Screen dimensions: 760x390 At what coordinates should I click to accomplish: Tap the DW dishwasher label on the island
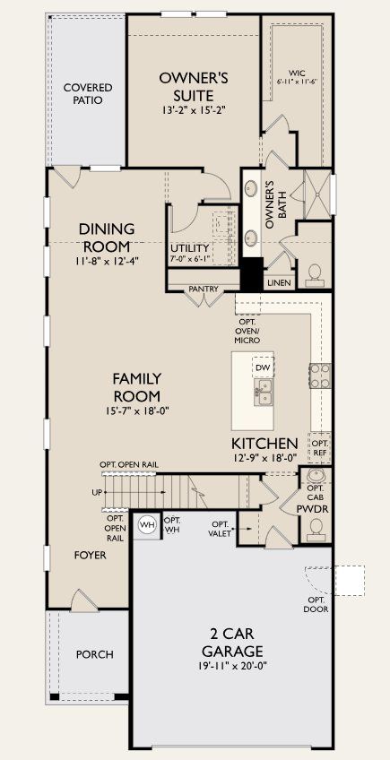pyautogui.click(x=263, y=367)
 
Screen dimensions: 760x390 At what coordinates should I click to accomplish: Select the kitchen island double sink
pyautogui.click(x=264, y=388)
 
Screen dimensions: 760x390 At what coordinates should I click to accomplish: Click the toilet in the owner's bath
pyautogui.click(x=315, y=272)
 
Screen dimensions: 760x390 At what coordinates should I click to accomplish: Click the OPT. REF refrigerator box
pyautogui.click(x=320, y=445)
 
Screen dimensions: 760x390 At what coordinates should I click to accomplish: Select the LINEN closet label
pyautogui.click(x=279, y=283)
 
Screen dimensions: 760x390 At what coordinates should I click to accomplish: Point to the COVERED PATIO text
pyautogui.click(x=88, y=94)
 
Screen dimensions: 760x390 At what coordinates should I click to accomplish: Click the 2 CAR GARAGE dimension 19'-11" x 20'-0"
pyautogui.click(x=232, y=666)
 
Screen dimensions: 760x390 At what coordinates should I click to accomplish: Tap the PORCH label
pyautogui.click(x=94, y=654)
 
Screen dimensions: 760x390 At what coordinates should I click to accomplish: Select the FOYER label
pyautogui.click(x=91, y=556)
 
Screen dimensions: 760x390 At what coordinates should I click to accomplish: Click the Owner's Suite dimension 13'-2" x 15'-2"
pyautogui.click(x=193, y=111)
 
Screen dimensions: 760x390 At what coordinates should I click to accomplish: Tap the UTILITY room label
pyautogui.click(x=189, y=248)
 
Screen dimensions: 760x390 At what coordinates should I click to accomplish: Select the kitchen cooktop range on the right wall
pyautogui.click(x=320, y=375)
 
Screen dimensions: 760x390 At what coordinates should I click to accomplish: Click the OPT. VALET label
pyautogui.click(x=221, y=528)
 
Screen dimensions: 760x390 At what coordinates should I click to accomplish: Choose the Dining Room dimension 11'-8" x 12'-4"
pyautogui.click(x=107, y=262)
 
